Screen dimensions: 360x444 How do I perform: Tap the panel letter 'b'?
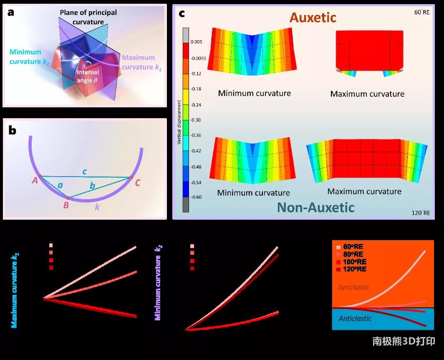coord(13,130)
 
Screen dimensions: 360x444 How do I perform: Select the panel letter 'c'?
coord(182,13)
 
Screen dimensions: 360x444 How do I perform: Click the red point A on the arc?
coord(40,176)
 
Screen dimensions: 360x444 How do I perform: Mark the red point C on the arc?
coord(131,177)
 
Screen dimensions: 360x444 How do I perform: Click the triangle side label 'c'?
coord(85,172)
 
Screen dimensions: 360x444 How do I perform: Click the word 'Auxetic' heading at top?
coord(313,18)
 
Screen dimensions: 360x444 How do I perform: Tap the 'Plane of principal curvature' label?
coord(88,16)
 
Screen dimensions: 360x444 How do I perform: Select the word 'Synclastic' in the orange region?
coord(353,287)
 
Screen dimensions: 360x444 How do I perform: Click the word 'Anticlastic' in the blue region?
coord(355,319)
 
